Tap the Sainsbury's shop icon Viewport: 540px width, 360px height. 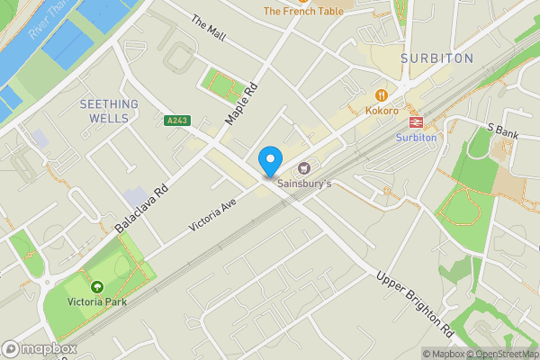(304, 167)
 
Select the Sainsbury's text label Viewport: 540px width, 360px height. (304, 184)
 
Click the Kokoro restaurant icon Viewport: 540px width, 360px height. (382, 94)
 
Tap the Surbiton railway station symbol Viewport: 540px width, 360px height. (416, 121)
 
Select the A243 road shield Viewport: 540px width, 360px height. (176, 120)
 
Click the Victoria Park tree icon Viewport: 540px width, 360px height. (96, 286)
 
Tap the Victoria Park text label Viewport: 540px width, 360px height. (96, 301)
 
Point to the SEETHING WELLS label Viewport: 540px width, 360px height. (109, 110)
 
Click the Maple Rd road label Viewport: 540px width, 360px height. (240, 103)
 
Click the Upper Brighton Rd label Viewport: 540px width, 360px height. (412, 301)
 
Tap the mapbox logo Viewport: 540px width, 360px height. (40, 348)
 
